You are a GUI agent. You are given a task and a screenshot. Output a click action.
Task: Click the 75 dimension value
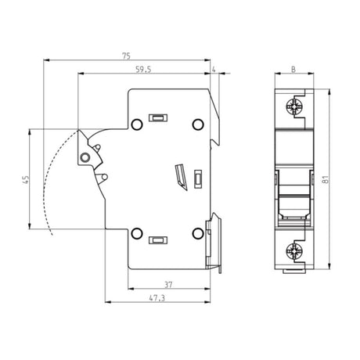click(x=126, y=56)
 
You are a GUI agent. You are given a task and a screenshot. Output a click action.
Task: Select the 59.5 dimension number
click(x=143, y=70)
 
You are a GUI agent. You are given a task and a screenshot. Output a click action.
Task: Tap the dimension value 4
click(x=214, y=70)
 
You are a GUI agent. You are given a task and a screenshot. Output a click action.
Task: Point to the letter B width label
click(x=293, y=70)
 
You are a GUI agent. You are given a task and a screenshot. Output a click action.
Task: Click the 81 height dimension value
click(x=326, y=179)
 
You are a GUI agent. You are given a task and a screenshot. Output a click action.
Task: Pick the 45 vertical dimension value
click(x=26, y=179)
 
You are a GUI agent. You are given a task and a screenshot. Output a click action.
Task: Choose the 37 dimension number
click(x=168, y=285)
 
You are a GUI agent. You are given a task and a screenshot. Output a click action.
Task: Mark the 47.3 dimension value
click(x=157, y=298)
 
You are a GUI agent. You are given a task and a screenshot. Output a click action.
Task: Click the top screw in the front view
click(x=295, y=107)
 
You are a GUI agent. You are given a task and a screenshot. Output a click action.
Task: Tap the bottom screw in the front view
click(x=295, y=251)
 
